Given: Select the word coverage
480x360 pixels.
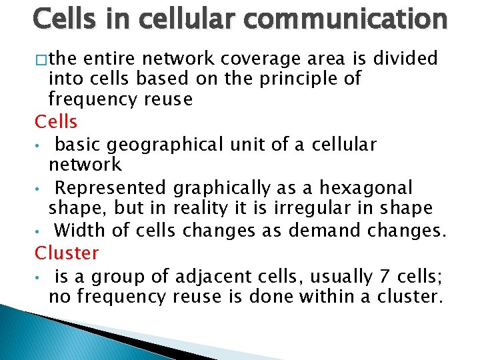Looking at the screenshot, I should pyautogui.click(x=249, y=59).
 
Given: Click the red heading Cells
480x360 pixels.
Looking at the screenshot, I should pyautogui.click(x=56, y=122).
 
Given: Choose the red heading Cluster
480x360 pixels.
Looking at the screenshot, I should pyautogui.click(x=67, y=253).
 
